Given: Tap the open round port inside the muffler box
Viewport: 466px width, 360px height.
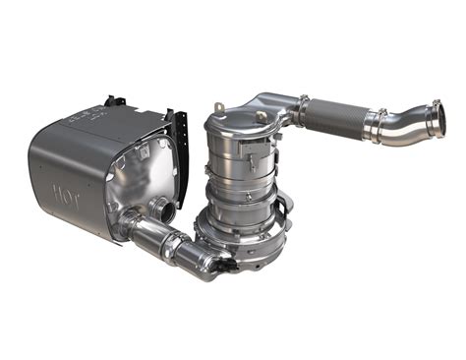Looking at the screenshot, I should [x=158, y=209].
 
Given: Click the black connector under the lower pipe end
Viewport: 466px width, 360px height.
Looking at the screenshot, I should [x=224, y=267].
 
